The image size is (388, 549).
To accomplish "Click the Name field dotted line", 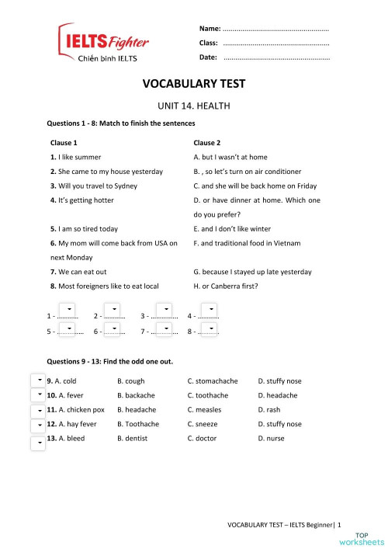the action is [x=275, y=29].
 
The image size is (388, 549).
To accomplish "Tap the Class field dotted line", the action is [x=275, y=43].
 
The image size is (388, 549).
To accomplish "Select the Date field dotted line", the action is [x=275, y=58].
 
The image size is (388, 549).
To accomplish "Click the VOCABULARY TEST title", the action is [x=194, y=84].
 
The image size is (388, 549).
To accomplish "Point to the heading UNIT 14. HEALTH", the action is [x=194, y=106].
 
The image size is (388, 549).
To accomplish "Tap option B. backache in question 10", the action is [x=136, y=395].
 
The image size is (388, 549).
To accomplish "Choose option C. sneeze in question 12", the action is [x=203, y=424].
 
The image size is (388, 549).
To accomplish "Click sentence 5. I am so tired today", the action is [x=84, y=229].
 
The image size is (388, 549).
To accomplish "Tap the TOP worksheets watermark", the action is [x=369, y=537].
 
